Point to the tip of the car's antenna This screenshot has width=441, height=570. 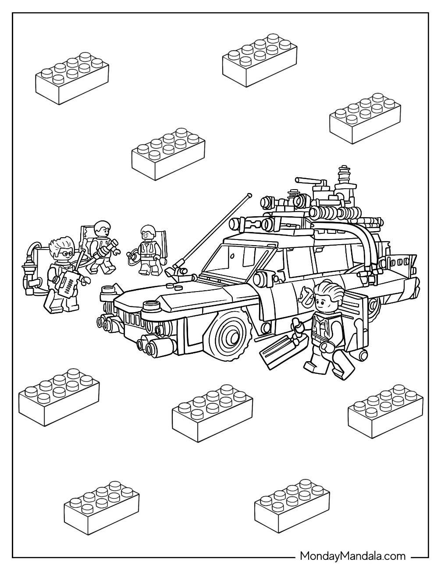pyautogui.click(x=250, y=195)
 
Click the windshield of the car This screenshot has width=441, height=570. pyautogui.click(x=238, y=258)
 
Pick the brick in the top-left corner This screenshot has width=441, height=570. pyautogui.click(x=72, y=78)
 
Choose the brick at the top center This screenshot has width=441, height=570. pyautogui.click(x=260, y=60)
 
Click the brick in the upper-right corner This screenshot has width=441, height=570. pyautogui.click(x=365, y=118)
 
